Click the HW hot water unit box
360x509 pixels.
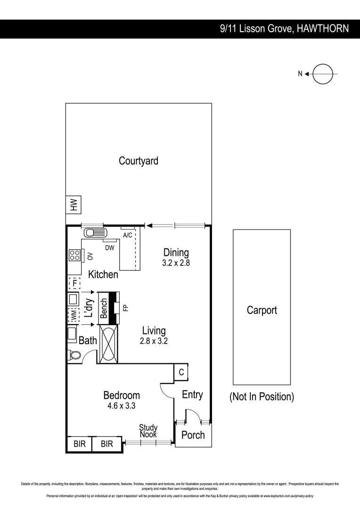[x=74, y=205]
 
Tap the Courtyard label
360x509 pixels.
[x=139, y=161]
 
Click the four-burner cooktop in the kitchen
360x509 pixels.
[x=74, y=255]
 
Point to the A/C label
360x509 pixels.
[x=127, y=235]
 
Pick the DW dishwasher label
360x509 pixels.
[x=110, y=247]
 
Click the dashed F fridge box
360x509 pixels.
[x=74, y=283]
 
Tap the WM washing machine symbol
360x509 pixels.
[x=74, y=315]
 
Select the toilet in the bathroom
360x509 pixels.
[x=74, y=355]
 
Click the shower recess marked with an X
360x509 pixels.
[x=108, y=344]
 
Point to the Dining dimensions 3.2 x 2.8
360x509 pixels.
[x=176, y=263]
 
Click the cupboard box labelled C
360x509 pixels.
[x=181, y=371]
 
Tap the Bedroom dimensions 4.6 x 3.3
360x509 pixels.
[x=122, y=405]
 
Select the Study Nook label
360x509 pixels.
[x=148, y=431]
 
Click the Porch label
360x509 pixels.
[x=193, y=435]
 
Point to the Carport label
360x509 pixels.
[x=262, y=310]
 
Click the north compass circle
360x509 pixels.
[x=323, y=74]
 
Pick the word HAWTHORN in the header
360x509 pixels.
[x=323, y=29]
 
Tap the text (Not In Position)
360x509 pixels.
[x=262, y=396]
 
